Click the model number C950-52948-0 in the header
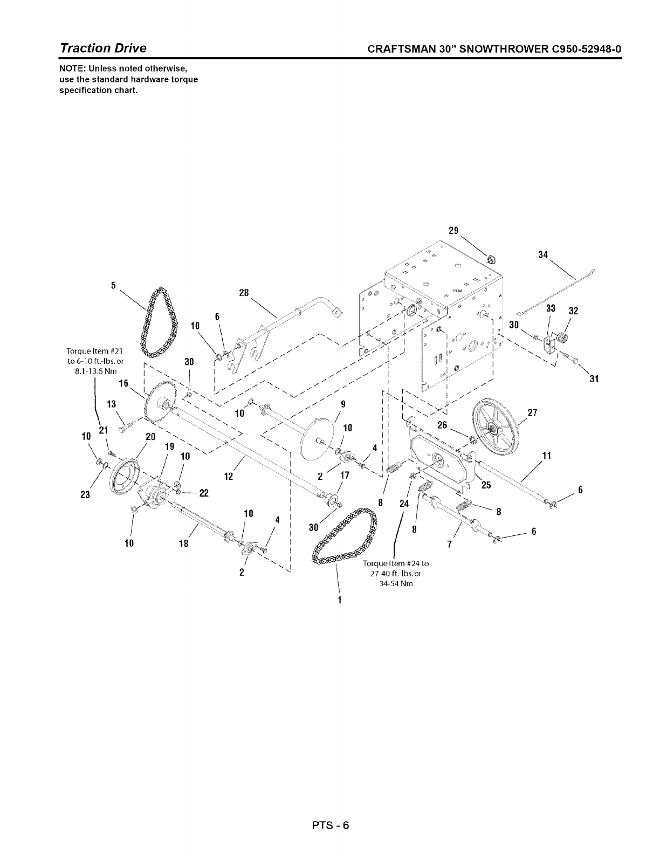pyautogui.click(x=584, y=49)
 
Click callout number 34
pyautogui.click(x=543, y=254)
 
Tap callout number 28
pyautogui.click(x=244, y=293)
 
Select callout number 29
pyautogui.click(x=453, y=231)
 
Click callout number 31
pyautogui.click(x=594, y=379)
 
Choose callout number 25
pyautogui.click(x=486, y=485)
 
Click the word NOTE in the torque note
pyautogui.click(x=72, y=70)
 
